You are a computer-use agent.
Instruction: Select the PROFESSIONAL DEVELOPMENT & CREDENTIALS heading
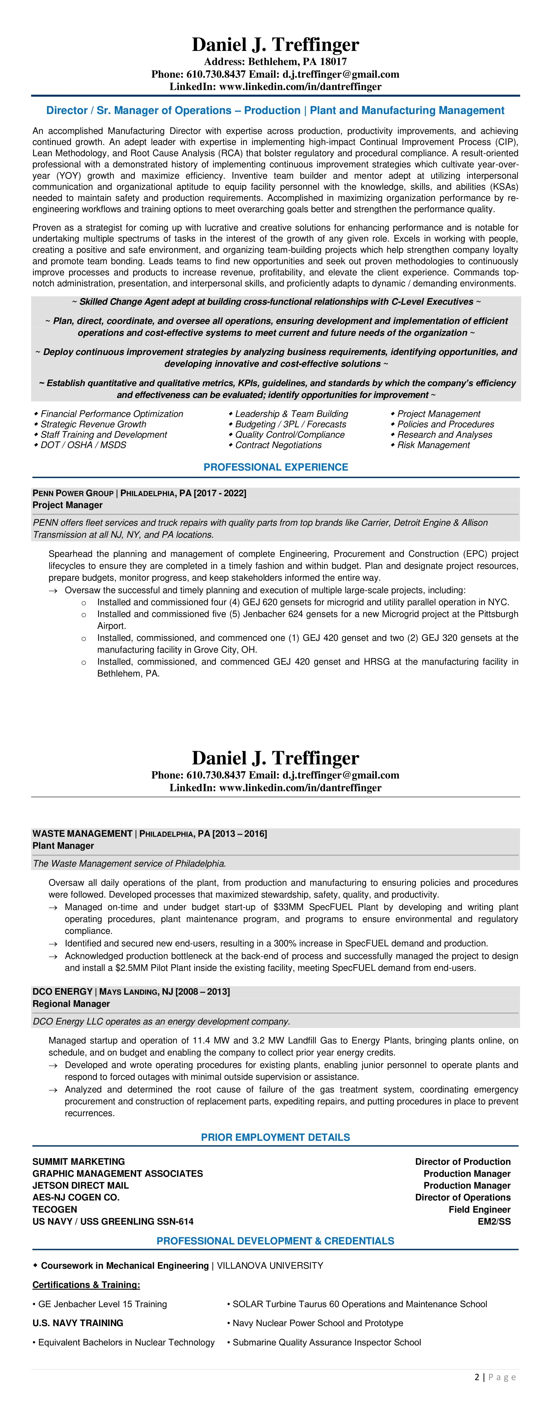[275, 1241]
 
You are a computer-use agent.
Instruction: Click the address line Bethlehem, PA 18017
[275, 62]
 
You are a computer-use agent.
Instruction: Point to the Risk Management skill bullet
[433, 445]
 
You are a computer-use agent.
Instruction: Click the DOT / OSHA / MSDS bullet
[83, 445]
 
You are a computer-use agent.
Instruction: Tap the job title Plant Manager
[63, 845]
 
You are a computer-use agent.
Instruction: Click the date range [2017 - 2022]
[220, 493]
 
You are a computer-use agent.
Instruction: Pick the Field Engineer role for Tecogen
[480, 1209]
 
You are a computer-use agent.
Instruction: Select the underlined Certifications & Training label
[86, 1285]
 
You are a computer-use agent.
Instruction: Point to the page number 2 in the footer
[477, 1377]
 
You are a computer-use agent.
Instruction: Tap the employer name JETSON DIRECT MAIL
[80, 1185]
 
